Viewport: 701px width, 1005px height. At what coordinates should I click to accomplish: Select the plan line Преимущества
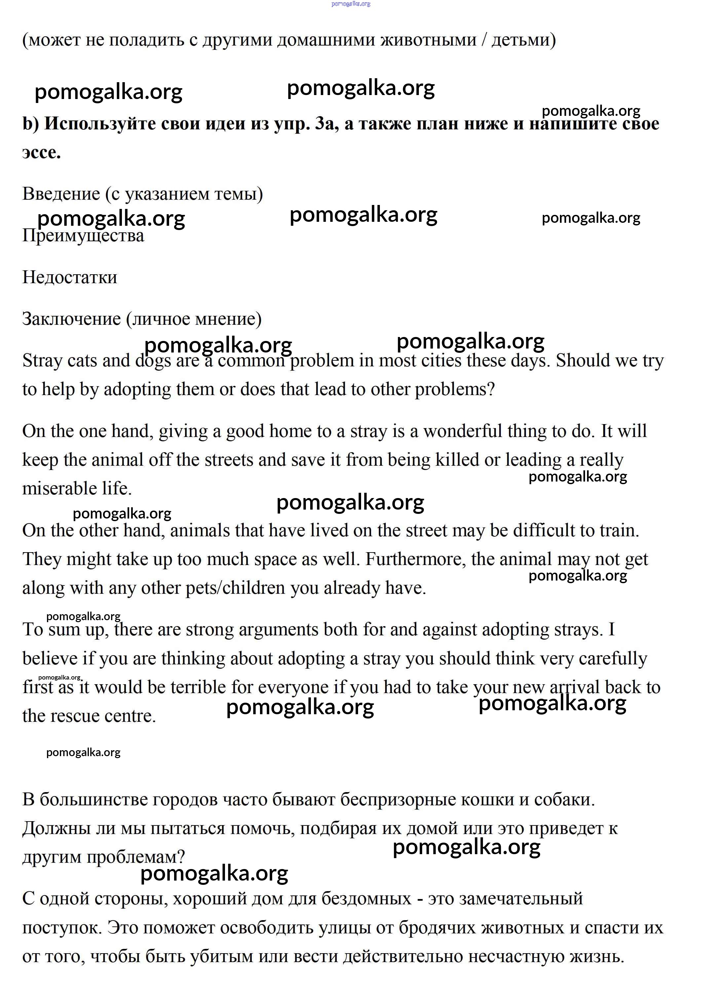pos(83,236)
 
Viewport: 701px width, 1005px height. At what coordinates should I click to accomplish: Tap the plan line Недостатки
pos(70,277)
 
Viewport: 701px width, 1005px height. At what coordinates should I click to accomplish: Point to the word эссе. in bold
pos(42,152)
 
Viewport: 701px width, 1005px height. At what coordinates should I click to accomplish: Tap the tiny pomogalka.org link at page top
pos(350,4)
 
